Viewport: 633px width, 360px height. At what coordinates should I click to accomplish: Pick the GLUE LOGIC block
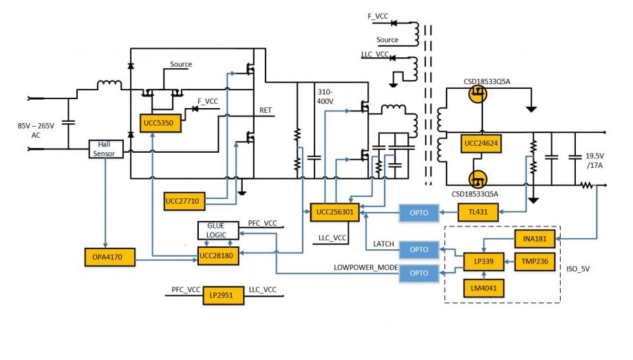[218, 230]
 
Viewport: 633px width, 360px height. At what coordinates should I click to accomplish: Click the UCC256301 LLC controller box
[335, 213]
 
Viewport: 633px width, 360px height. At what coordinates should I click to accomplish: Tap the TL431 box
[482, 213]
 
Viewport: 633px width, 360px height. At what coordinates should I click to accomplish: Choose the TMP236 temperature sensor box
[535, 262]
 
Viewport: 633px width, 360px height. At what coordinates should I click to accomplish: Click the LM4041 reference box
[483, 286]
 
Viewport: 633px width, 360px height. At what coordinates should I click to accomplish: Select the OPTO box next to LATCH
[418, 249]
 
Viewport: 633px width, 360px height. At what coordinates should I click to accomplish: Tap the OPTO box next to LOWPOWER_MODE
[418, 273]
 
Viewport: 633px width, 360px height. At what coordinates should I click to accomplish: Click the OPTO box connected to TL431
[418, 213]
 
